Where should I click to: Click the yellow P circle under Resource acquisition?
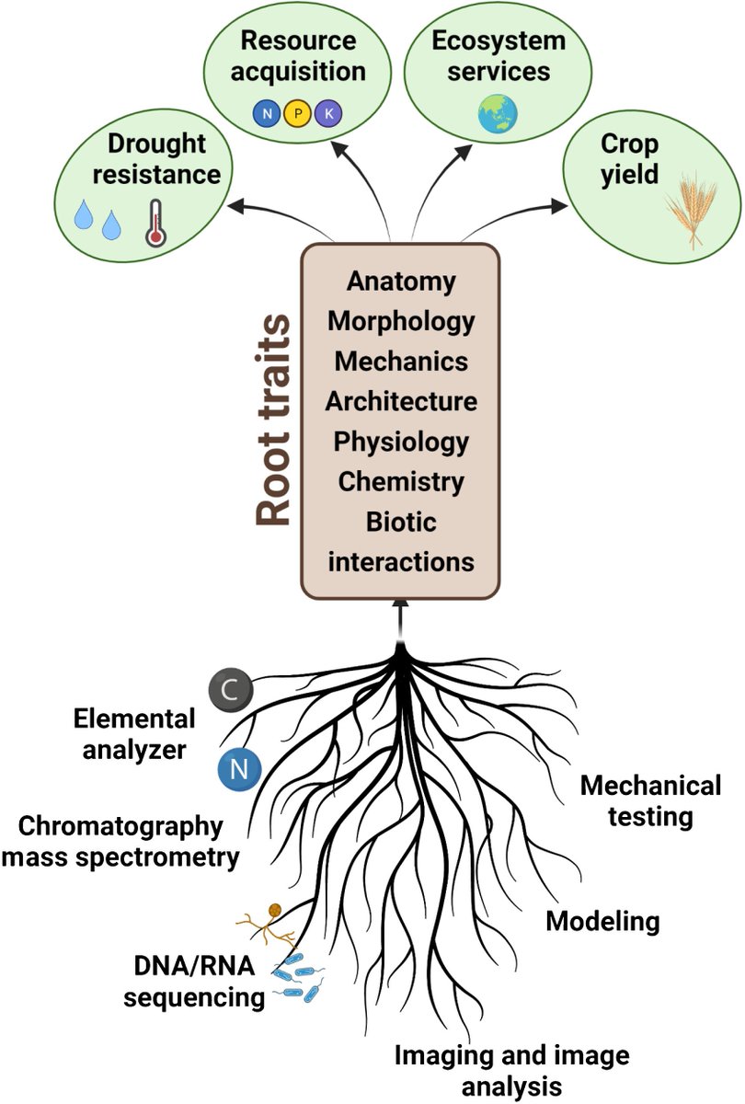(296, 114)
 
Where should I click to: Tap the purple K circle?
(327, 114)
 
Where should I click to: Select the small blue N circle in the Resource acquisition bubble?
(266, 114)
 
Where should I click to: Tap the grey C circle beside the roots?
(226, 689)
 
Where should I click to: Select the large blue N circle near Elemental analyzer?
(239, 768)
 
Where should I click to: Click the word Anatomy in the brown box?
(401, 281)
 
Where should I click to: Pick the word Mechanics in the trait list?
(401, 361)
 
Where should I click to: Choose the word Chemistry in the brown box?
(401, 480)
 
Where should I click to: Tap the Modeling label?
(603, 921)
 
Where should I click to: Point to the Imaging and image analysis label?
(512, 1069)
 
